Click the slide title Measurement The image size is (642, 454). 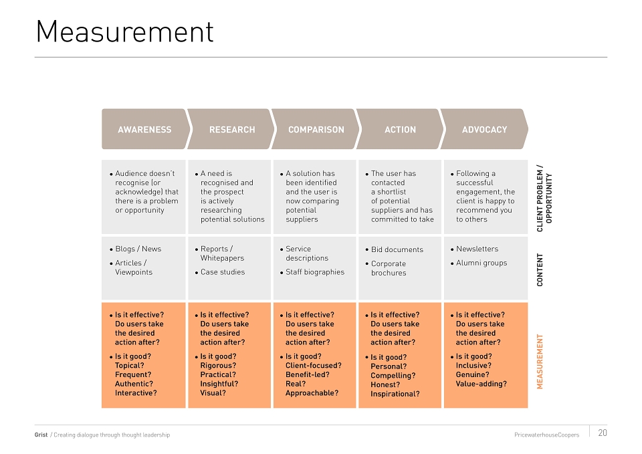[125, 31]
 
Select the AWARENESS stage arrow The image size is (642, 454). [146, 129]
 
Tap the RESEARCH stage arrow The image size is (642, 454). [231, 129]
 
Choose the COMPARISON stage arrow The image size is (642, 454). [315, 129]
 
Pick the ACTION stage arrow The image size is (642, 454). [400, 129]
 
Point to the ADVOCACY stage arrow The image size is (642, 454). [484, 129]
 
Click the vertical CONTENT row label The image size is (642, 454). [540, 269]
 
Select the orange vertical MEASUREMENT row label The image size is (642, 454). [540, 362]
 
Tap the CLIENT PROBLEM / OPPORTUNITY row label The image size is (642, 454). [544, 199]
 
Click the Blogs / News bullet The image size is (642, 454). [136, 249]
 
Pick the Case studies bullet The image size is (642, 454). [220, 272]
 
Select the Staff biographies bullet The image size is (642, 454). [312, 272]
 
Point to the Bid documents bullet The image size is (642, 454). [395, 249]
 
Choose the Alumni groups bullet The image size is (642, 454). [479, 263]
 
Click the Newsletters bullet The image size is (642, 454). [475, 249]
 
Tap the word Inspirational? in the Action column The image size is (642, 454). [395, 394]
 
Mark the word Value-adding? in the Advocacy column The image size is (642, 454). [481, 384]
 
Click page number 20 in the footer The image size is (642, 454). [603, 433]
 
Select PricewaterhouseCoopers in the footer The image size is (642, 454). [546, 435]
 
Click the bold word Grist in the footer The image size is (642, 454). [41, 435]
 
